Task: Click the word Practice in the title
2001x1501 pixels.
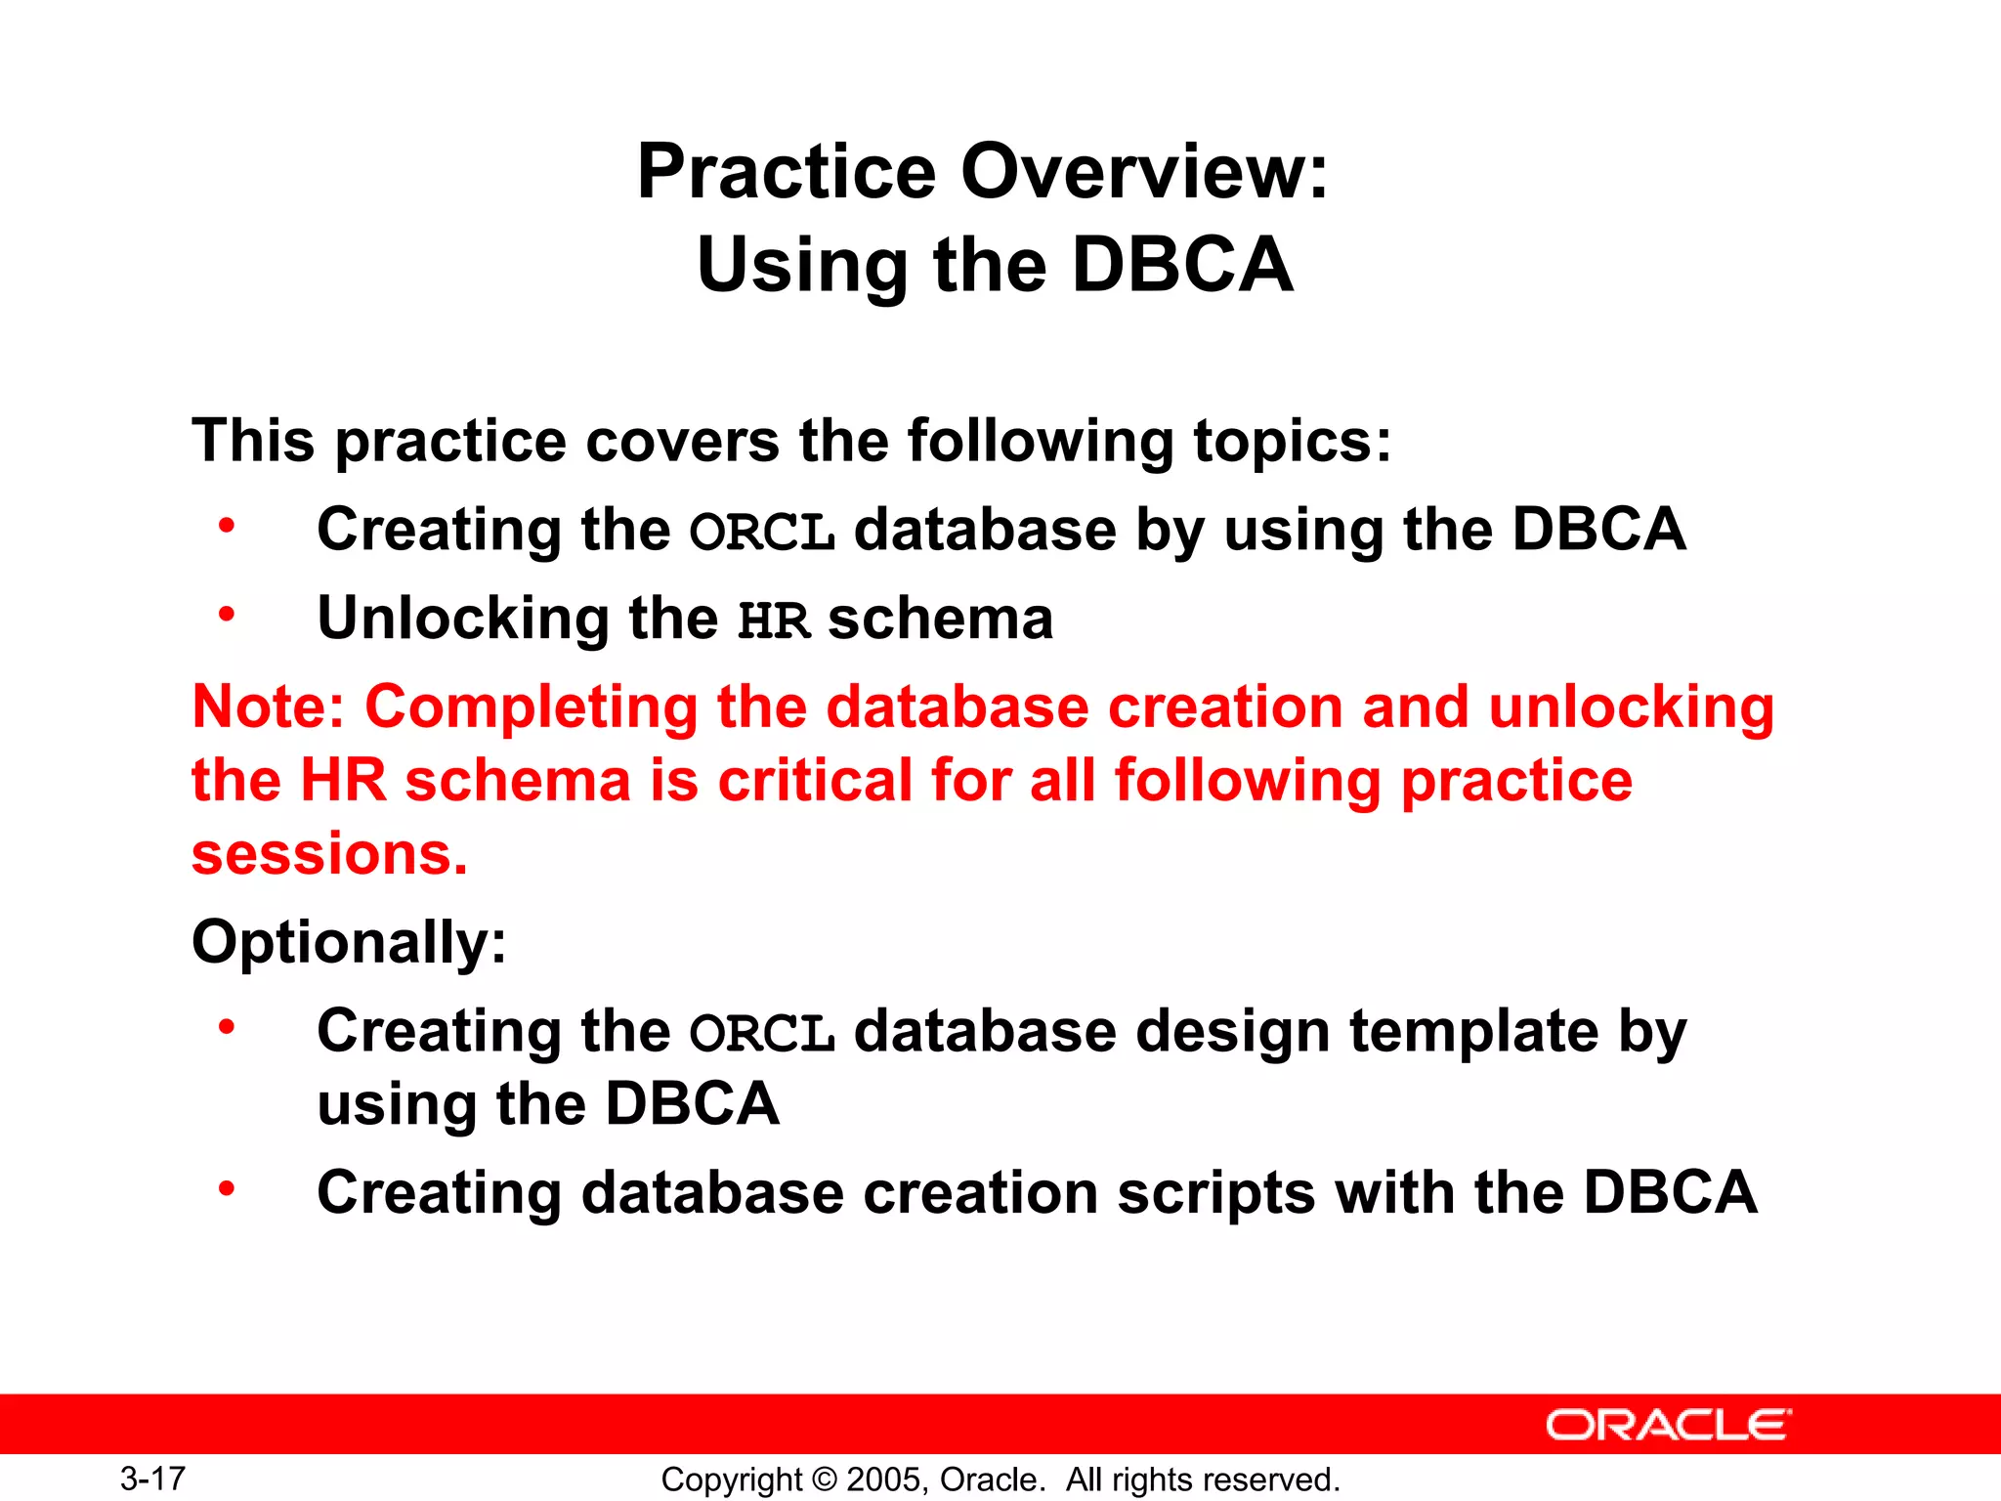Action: coord(788,172)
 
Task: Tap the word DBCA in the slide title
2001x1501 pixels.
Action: coord(1182,265)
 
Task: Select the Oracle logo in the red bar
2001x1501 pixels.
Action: coord(1668,1425)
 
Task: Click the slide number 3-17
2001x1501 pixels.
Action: coord(152,1478)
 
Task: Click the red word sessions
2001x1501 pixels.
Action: coord(329,854)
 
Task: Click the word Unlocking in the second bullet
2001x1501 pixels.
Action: coord(463,620)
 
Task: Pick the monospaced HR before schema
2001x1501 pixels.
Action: coord(773,622)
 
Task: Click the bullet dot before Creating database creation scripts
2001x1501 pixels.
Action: coord(227,1188)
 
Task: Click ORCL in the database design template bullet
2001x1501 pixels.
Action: coord(762,1034)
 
